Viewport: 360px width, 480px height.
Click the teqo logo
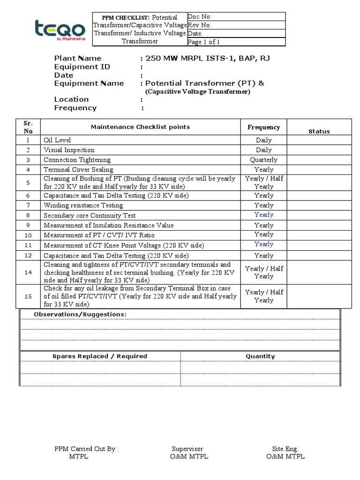(60, 30)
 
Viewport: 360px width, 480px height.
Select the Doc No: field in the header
(200, 17)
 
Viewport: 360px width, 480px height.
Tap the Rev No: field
(200, 25)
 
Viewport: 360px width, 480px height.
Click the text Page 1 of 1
(203, 42)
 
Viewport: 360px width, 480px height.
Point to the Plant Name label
(78, 59)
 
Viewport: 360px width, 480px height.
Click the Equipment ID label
(82, 67)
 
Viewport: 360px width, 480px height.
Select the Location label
(71, 99)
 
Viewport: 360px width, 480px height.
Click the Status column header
(319, 132)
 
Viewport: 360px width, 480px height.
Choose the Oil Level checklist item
(57, 140)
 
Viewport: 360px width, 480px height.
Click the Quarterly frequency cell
(263, 160)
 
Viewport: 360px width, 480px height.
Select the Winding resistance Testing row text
(83, 205)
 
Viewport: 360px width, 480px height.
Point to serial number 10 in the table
(28, 235)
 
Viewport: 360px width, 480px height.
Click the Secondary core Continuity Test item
(90, 216)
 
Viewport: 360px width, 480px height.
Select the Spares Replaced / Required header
(99, 356)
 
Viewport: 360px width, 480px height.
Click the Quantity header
(260, 356)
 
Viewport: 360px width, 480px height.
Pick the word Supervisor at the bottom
(187, 449)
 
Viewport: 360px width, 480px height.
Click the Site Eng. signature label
(285, 449)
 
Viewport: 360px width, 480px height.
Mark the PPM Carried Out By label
(86, 449)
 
